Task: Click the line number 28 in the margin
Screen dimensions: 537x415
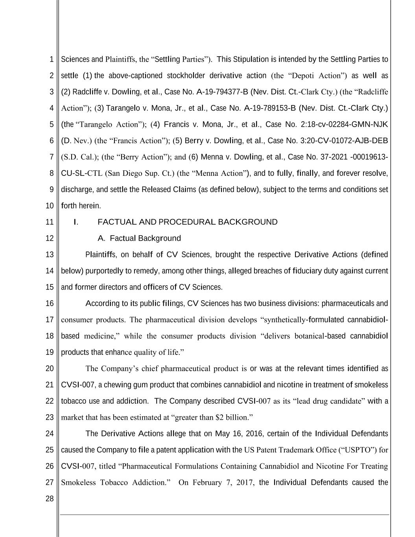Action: tap(49, 499)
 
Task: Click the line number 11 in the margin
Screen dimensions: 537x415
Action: tap(49, 222)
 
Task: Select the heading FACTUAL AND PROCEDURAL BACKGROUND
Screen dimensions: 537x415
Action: tap(187, 222)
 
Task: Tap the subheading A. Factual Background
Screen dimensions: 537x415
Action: tap(139, 238)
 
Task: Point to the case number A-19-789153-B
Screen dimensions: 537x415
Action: tap(269, 108)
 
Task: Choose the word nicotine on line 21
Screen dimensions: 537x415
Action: tap(290, 385)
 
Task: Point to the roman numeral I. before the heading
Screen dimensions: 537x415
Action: tap(76, 222)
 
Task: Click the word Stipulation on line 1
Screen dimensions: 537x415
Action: tap(251, 59)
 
